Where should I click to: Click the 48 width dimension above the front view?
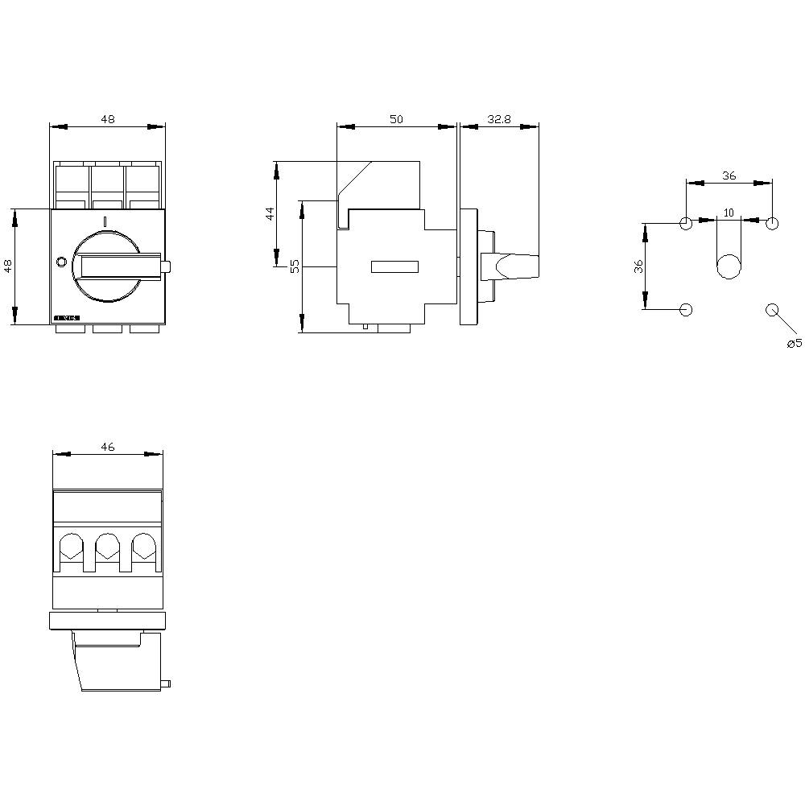coord(108,119)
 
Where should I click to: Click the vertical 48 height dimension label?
coord(8,266)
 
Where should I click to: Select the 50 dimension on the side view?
coord(396,119)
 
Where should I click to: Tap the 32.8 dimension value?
coord(499,119)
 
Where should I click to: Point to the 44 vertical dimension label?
coord(270,213)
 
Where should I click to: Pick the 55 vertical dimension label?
coord(295,266)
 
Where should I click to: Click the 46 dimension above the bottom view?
coord(108,448)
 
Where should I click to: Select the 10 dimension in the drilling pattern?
coord(729,213)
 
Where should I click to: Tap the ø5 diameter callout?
coord(794,344)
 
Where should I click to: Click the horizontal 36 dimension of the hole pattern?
coord(729,176)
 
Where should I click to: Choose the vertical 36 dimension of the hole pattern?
coord(638,266)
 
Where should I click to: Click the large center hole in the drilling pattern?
coord(729,266)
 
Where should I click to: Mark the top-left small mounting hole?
coord(686,223)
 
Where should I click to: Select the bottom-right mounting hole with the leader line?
coord(772,310)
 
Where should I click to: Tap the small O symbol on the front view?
coord(61,262)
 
